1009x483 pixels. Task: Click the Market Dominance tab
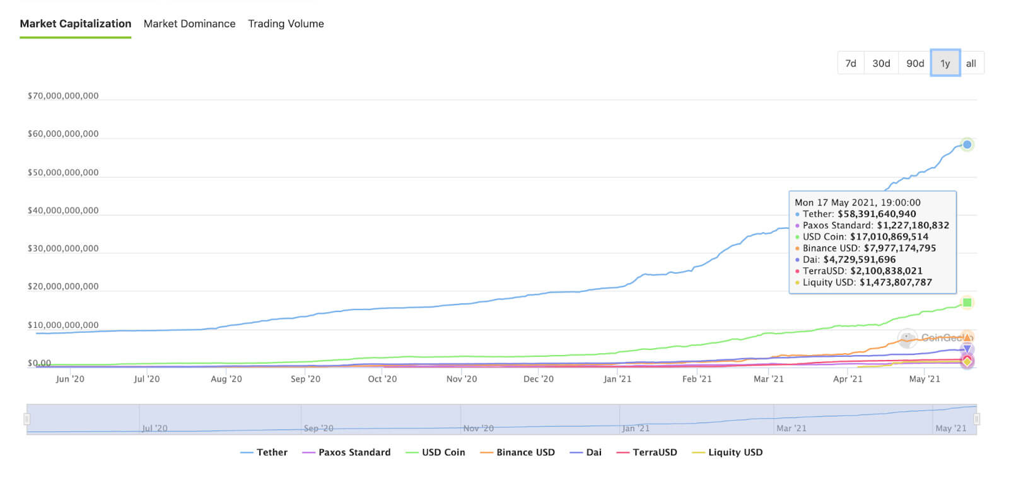(189, 24)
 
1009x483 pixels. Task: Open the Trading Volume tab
(286, 24)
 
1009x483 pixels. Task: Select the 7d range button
(850, 63)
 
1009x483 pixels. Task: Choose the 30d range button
(881, 63)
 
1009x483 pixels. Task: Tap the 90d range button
(915, 63)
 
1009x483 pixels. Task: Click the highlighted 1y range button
(945, 63)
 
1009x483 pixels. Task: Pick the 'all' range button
(971, 63)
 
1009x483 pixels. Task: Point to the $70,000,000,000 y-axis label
(63, 96)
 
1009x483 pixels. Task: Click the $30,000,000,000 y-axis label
(63, 248)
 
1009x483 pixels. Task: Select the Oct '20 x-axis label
(382, 379)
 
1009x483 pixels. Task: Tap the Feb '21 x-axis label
(696, 379)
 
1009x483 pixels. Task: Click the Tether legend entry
(264, 453)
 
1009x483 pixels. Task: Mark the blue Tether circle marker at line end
(967, 144)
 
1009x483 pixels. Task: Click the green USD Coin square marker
(967, 303)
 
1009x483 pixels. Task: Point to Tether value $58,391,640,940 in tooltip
(877, 214)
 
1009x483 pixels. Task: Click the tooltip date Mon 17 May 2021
(857, 202)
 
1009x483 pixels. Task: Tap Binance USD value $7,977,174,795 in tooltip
(899, 248)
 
